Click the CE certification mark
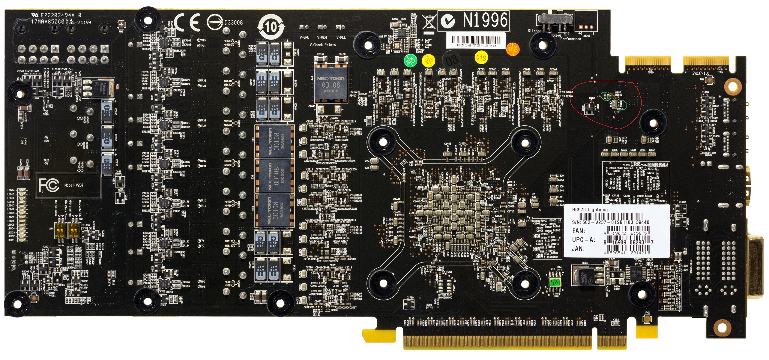coord(187,22)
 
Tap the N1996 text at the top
coord(485,20)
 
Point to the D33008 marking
coord(233,22)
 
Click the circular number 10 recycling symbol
coord(271,27)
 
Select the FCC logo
coord(49,185)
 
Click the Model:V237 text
coord(74,185)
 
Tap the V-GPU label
coord(304,37)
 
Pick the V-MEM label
coord(322,37)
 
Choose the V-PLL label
coord(341,37)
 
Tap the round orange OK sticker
coord(512,49)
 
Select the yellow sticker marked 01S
coord(481,57)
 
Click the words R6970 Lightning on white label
coord(590,210)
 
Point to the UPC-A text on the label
coord(583,240)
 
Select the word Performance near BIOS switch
coord(570,39)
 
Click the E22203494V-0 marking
coord(61,15)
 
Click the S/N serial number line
coord(610,222)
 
